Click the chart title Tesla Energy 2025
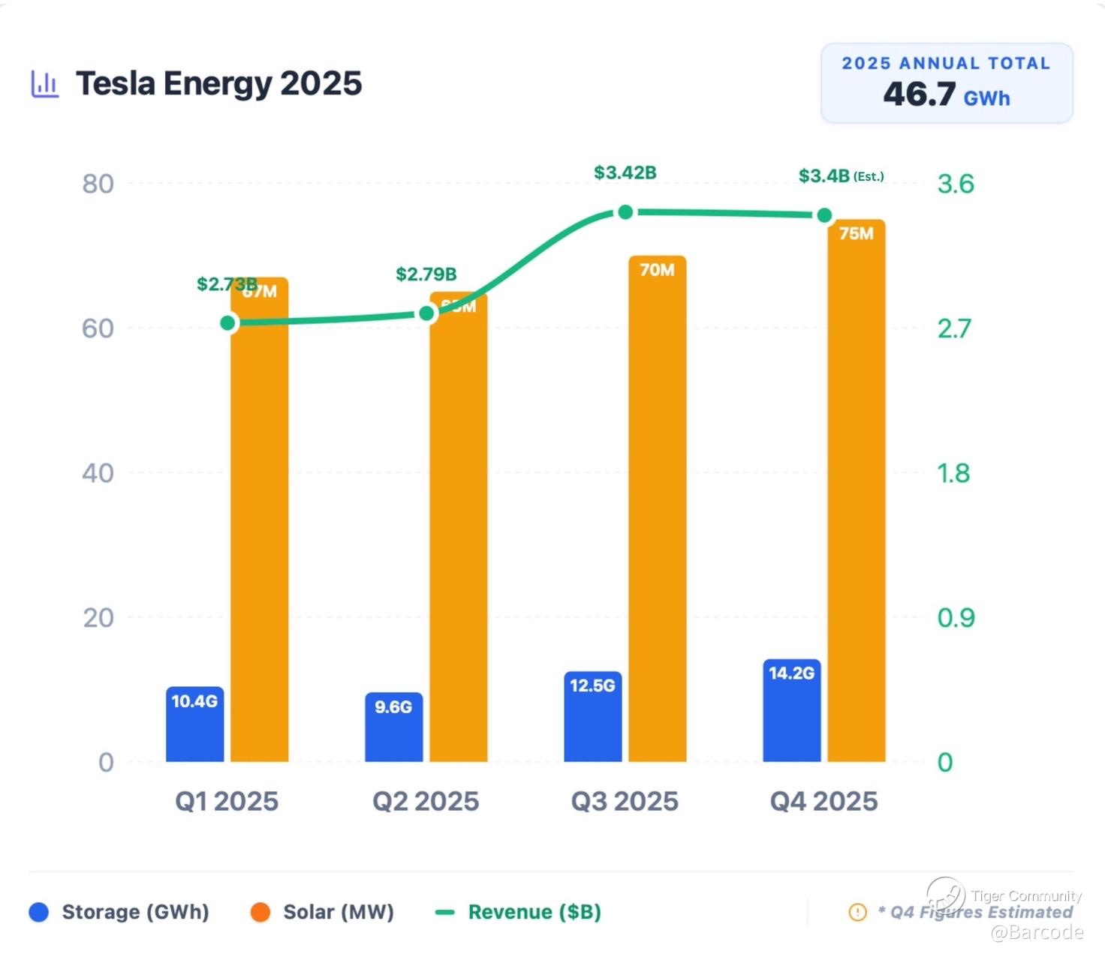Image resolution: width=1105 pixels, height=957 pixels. point(218,83)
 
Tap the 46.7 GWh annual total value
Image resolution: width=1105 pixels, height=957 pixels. point(946,94)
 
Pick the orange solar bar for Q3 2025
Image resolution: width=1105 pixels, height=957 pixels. point(657,510)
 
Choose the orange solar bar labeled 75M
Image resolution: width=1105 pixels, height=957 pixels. point(856,491)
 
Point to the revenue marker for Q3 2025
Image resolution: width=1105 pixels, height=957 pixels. point(625,212)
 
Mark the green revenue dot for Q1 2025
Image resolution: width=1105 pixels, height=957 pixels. point(228,323)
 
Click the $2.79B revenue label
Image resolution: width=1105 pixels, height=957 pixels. point(426,274)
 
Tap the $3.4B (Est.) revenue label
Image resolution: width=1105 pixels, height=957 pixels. point(840,176)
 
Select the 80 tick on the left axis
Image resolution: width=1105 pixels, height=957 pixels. point(98,184)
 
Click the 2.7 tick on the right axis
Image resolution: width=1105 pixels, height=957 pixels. point(954,328)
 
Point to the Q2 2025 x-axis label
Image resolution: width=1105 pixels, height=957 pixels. point(426,802)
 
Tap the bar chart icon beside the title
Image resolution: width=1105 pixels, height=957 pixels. point(44,84)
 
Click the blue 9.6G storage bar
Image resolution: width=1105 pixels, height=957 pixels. point(393,727)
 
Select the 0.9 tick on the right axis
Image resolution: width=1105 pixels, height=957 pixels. point(956,618)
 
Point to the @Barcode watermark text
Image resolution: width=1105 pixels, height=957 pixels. point(1037,932)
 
